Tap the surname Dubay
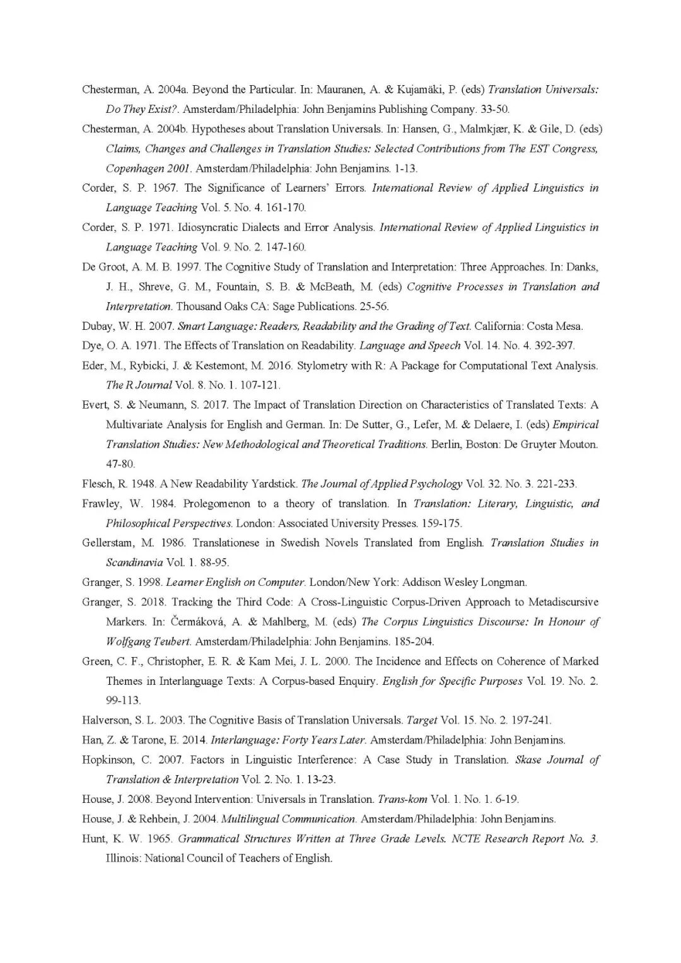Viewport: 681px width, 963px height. point(97,326)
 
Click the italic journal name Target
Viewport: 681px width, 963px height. point(422,720)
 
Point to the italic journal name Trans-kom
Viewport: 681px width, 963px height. point(402,799)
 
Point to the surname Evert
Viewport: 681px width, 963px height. point(95,405)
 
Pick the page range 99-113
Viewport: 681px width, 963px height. point(124,700)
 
